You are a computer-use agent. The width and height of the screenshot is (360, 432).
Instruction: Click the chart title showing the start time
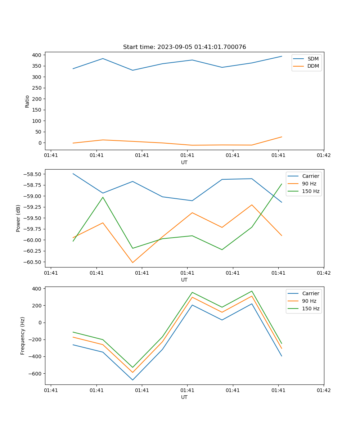tap(184, 47)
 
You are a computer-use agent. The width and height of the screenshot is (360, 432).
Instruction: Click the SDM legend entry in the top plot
tap(313, 59)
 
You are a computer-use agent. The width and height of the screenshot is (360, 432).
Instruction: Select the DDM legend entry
tap(313, 66)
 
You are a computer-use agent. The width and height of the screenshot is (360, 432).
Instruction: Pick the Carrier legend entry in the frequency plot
tap(310, 293)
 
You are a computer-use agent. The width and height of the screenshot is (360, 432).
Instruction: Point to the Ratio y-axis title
tap(27, 101)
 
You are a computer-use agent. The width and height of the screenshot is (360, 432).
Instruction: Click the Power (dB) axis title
tap(18, 218)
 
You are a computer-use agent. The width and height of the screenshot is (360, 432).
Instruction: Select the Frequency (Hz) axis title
tap(23, 336)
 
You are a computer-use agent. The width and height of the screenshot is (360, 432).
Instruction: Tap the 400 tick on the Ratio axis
tap(36, 55)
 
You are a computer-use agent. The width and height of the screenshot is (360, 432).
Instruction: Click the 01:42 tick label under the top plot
tap(323, 156)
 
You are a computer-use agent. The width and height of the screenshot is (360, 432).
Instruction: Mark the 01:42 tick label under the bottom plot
tap(323, 390)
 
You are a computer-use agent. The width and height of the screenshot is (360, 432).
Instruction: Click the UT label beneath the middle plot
tap(184, 280)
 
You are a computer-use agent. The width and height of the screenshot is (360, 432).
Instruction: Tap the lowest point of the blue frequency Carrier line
tap(132, 380)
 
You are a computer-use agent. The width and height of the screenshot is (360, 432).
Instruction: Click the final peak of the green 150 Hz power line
tap(282, 184)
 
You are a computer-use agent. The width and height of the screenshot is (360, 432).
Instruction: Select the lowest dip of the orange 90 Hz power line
tap(132, 262)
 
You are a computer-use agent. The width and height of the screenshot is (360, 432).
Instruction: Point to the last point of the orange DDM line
tap(282, 137)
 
